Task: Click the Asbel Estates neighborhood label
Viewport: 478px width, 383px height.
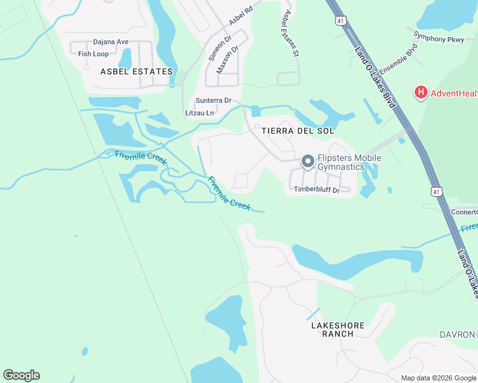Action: (137, 71)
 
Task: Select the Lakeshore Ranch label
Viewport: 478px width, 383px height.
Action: (337, 329)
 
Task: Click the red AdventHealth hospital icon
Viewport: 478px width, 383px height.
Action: (420, 93)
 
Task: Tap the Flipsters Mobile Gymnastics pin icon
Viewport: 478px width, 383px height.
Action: (307, 162)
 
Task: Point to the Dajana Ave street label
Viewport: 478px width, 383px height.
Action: (111, 42)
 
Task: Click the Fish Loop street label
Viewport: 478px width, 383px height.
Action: (93, 54)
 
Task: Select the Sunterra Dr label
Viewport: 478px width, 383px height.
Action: (213, 101)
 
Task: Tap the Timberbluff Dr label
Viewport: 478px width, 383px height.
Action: (322, 190)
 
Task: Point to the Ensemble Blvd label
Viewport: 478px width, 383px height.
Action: (398, 57)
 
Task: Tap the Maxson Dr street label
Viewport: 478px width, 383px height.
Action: (227, 59)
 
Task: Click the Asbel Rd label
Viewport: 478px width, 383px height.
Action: (241, 16)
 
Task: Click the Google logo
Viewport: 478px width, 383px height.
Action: (21, 375)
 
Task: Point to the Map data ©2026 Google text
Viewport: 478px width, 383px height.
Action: (438, 378)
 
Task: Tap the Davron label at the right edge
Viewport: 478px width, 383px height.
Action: (458, 334)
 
